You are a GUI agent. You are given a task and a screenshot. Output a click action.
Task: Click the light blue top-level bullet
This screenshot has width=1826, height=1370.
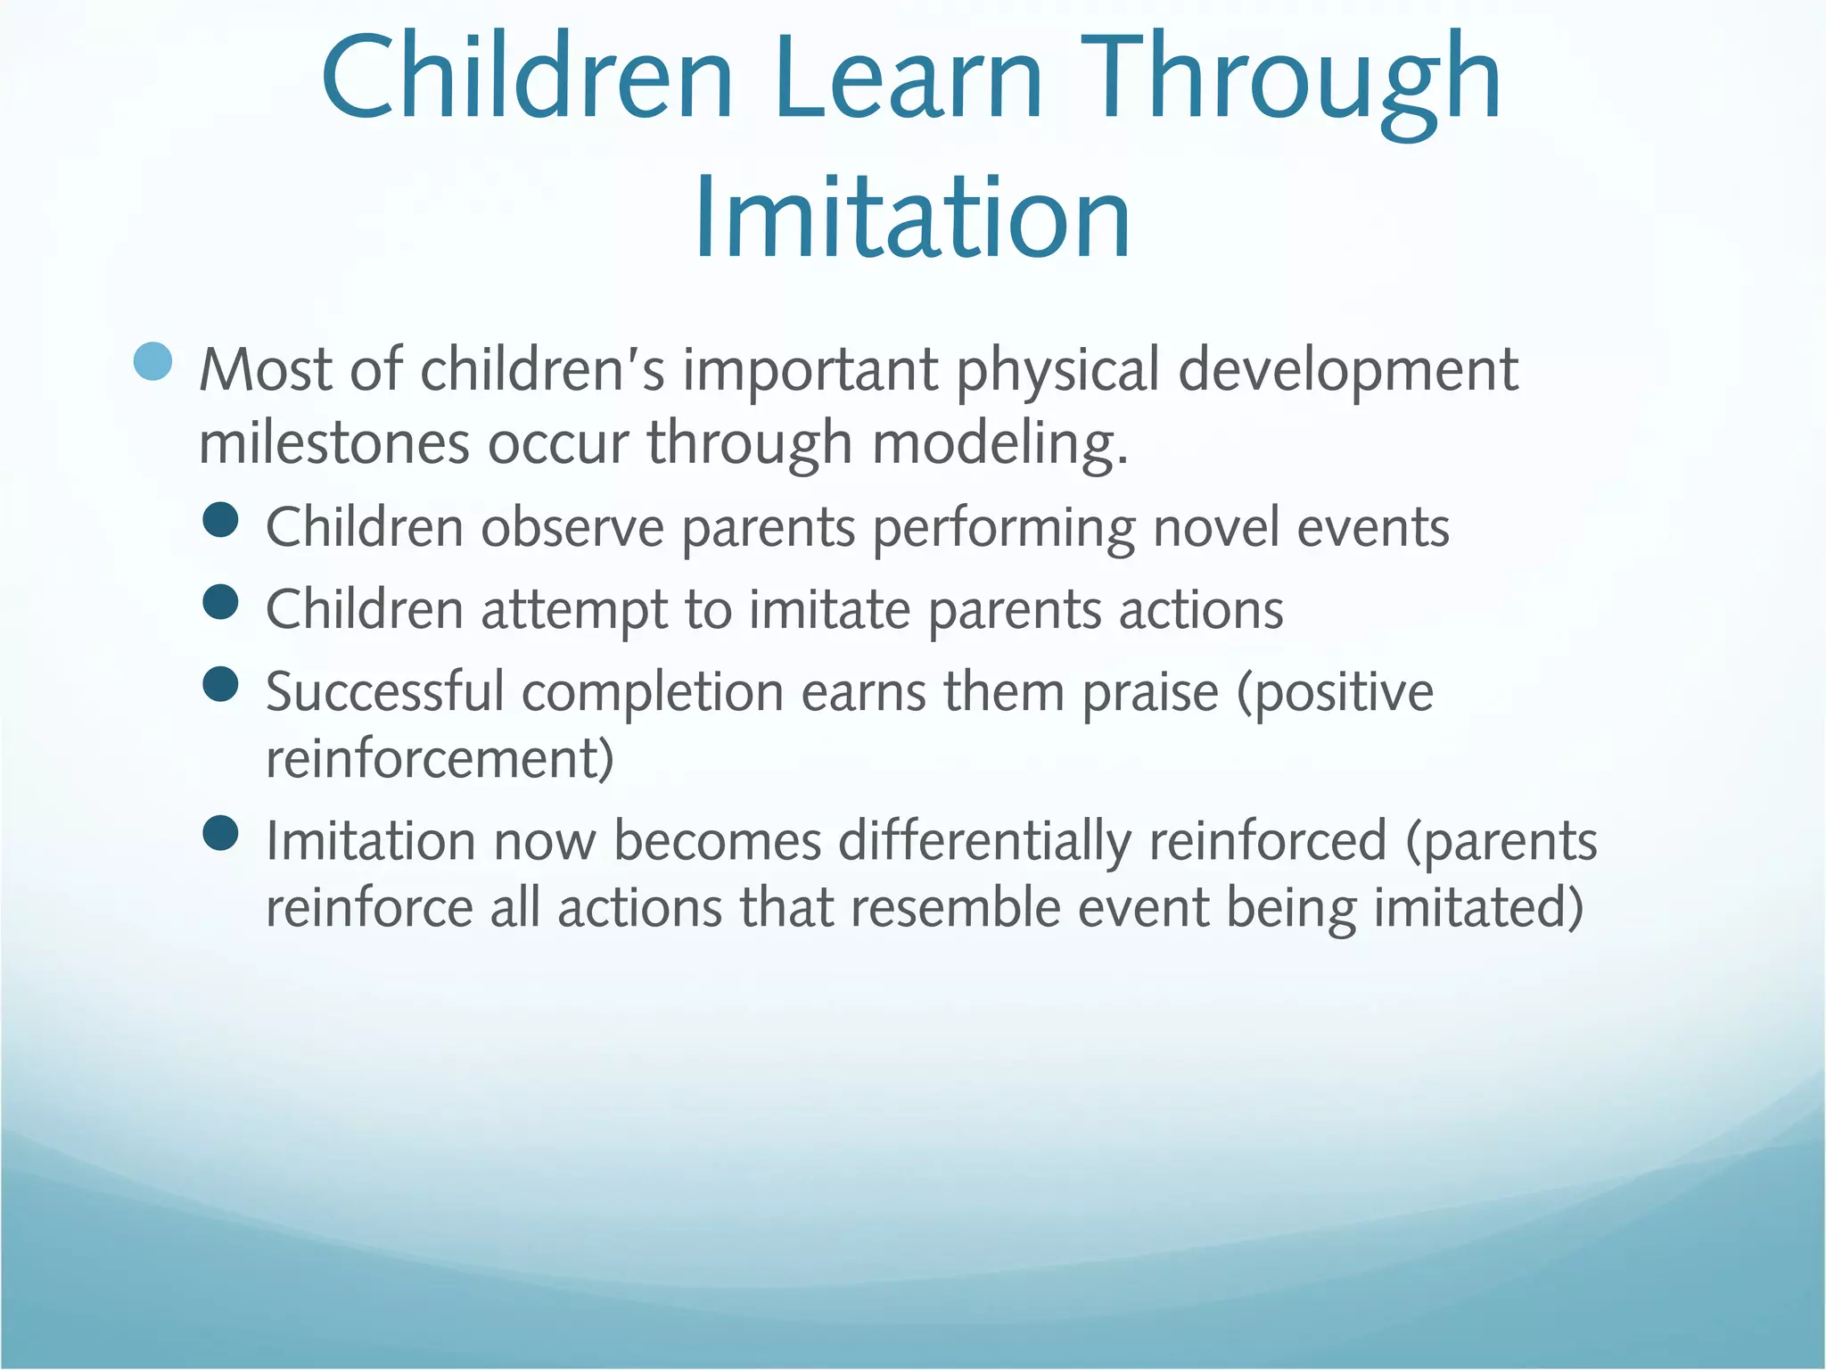tap(152, 362)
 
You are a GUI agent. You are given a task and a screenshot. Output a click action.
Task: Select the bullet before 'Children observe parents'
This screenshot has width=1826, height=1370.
tap(220, 520)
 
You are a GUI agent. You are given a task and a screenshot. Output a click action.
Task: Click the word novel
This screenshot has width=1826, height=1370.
tap(1216, 527)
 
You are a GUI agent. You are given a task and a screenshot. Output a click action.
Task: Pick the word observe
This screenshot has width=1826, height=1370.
tap(572, 527)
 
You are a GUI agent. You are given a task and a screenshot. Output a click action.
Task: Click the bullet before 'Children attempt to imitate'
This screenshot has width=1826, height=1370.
tap(220, 602)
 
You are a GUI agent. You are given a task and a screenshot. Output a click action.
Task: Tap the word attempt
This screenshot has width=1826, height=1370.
tap(574, 611)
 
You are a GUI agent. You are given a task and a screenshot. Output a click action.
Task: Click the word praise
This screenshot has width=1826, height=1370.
tap(1149, 693)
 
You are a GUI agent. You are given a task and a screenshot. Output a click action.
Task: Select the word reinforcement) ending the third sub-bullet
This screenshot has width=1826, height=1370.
tap(440, 759)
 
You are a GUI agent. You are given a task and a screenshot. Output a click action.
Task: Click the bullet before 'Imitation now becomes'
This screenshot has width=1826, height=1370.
tap(220, 834)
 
